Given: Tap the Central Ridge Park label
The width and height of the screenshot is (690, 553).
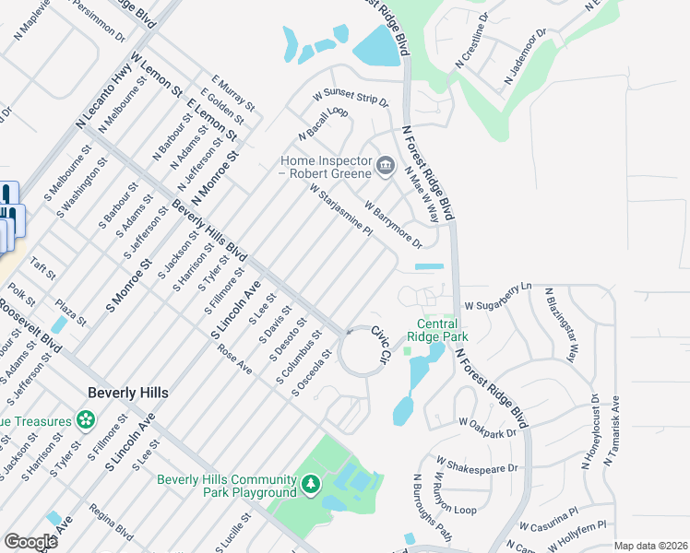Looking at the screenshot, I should pos(437,330).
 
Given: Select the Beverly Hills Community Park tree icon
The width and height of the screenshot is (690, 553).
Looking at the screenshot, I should pos(312,483).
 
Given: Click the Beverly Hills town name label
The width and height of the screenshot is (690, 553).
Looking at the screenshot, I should pos(128,392).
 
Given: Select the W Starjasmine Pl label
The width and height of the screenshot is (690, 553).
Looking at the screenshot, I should pos(340,211).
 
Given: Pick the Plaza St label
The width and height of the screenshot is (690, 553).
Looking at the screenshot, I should pos(69,311).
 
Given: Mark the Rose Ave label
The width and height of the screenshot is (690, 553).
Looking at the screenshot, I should pos(235,360).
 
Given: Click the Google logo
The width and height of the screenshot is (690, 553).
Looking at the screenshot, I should pos(30,542).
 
